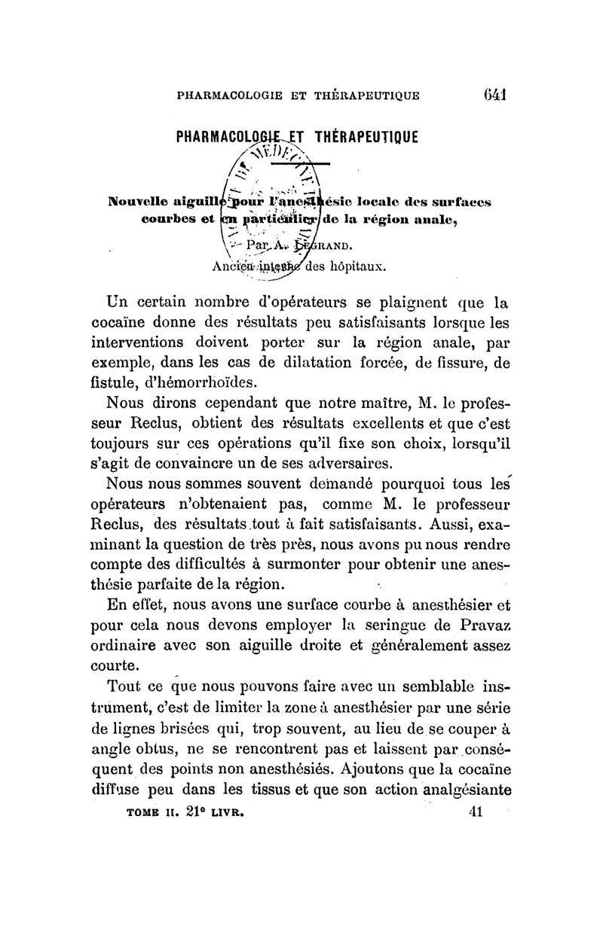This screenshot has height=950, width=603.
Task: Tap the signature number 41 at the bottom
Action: coord(475,813)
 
